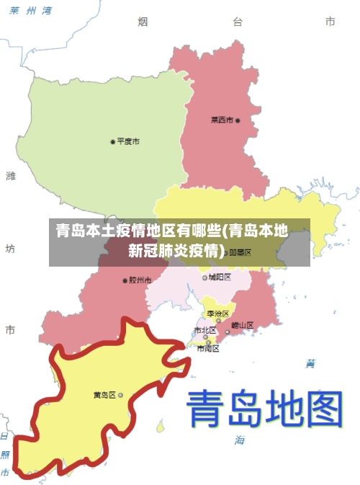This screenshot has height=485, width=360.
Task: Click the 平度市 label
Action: tap(128, 141)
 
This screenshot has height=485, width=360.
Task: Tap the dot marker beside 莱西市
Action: tap(238, 120)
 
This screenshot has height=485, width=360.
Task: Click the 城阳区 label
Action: tap(220, 277)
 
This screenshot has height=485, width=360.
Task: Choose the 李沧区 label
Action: tap(217, 313)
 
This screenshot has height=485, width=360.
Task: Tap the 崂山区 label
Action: tap(242, 325)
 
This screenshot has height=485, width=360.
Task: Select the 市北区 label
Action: tap(204, 330)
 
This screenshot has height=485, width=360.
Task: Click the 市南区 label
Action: tap(207, 349)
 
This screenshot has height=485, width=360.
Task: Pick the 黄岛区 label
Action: tap(104, 395)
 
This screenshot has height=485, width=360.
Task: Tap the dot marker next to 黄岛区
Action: tap(120, 395)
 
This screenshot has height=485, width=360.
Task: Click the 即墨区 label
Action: tap(240, 252)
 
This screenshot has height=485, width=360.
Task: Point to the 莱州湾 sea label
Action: tap(31, 11)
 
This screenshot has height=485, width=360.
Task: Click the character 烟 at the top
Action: tap(143, 22)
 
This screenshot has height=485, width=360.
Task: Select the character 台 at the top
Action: tap(238, 22)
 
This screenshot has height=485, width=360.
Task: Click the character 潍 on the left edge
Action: tap(10, 175)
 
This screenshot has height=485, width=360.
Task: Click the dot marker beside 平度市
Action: tap(112, 141)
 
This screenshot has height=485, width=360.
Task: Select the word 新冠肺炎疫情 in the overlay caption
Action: tap(173, 251)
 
